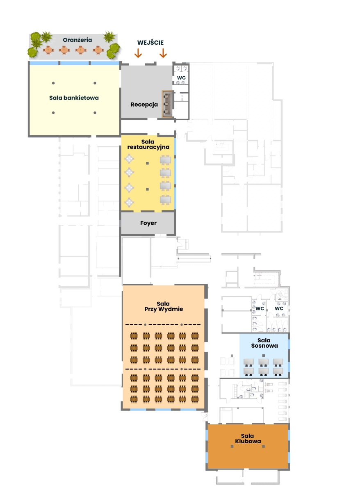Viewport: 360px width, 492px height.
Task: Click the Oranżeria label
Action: pyautogui.click(x=77, y=40)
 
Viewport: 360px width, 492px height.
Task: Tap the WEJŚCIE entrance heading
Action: pyautogui.click(x=150, y=42)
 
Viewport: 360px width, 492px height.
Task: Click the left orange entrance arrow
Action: pyautogui.click(x=138, y=53)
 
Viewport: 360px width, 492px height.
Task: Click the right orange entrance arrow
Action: pyautogui.click(x=163, y=53)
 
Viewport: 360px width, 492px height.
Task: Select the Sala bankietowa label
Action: pyautogui.click(x=74, y=98)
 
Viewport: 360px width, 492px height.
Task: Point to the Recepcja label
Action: pyautogui.click(x=144, y=105)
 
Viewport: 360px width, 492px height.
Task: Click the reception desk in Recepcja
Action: pyautogui.click(x=167, y=104)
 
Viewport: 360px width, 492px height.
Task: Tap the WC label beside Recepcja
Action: pyautogui.click(x=181, y=78)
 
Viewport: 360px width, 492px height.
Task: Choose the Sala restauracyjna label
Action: pyautogui.click(x=148, y=144)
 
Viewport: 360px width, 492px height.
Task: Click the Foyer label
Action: pyautogui.click(x=148, y=223)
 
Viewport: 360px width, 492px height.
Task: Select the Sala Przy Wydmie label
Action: pyautogui.click(x=164, y=306)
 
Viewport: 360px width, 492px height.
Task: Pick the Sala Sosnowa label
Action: pyautogui.click(x=264, y=343)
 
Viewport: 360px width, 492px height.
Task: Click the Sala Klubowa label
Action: pyautogui.click(x=248, y=438)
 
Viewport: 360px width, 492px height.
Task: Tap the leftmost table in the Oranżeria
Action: pyautogui.click(x=48, y=50)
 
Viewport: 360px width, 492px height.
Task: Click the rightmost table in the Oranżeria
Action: pyautogui.click(x=98, y=50)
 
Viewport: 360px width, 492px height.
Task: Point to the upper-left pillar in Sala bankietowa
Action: pyautogui.click(x=53, y=83)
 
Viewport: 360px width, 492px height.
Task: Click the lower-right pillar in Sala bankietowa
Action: pyautogui.click(x=95, y=113)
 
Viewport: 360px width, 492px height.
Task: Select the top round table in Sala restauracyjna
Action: pyautogui.click(x=129, y=159)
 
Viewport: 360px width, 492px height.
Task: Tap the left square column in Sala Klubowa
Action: pyautogui.click(x=232, y=446)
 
